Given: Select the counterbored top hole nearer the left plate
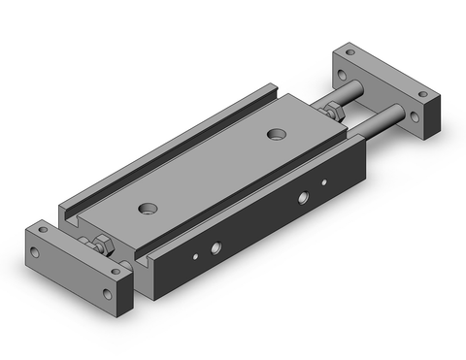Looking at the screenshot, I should click(x=148, y=207).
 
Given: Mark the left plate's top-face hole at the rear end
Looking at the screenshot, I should click(x=49, y=230).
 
